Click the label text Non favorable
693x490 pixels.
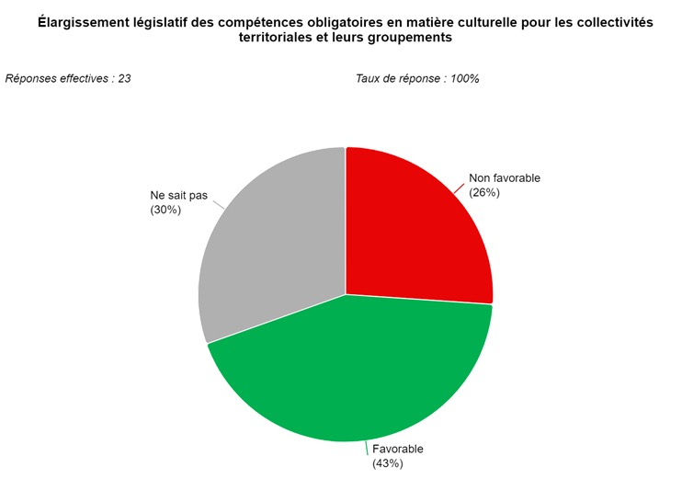tap(505, 178)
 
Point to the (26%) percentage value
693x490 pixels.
tap(484, 193)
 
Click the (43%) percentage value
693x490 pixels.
tap(388, 463)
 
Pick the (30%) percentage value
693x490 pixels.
tap(165, 210)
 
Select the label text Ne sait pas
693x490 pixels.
tap(178, 195)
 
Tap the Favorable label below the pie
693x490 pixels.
tap(398, 449)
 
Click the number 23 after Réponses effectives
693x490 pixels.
tap(123, 78)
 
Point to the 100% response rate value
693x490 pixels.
tap(463, 78)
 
